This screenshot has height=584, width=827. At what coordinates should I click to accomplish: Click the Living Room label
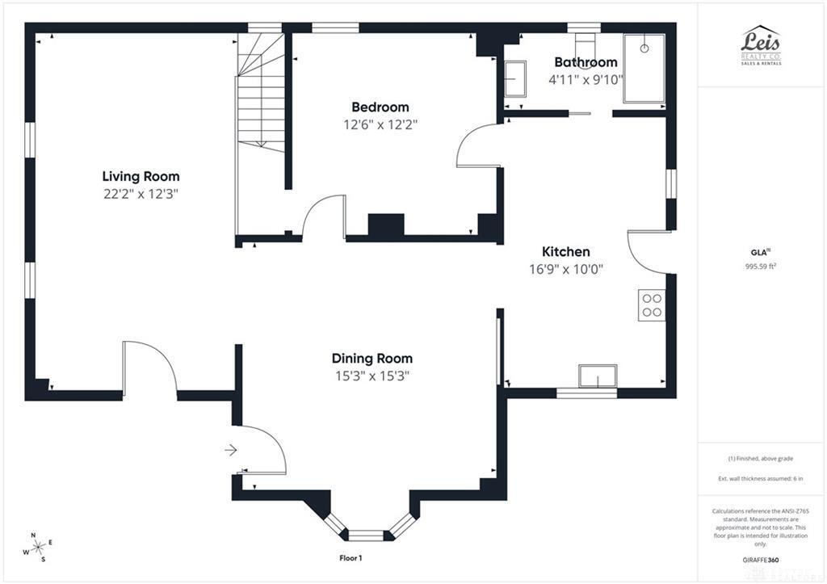141,176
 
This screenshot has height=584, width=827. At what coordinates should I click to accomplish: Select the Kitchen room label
565,252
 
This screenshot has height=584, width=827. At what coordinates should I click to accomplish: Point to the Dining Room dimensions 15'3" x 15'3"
372,376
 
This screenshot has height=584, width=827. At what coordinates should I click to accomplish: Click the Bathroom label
586,62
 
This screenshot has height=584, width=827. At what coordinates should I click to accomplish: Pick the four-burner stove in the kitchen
652,305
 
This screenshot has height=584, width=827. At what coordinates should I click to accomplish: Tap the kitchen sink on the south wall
598,376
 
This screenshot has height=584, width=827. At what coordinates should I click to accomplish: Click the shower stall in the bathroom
644,68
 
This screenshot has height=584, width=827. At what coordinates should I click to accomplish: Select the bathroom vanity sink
514,80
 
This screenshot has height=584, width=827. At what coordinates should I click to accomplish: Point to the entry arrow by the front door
230,450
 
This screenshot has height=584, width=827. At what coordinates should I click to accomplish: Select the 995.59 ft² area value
761,266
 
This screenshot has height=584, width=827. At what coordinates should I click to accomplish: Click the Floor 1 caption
351,558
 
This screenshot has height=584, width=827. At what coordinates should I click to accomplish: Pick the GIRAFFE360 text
761,559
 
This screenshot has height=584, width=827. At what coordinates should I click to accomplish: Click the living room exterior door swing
149,368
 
